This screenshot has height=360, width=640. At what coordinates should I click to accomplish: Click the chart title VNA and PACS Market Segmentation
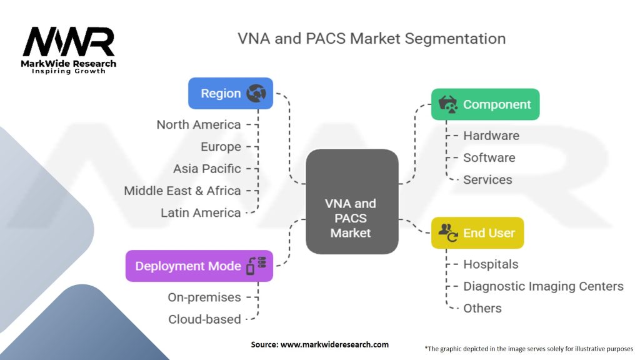(x=371, y=38)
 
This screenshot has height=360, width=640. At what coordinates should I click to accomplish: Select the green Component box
(x=485, y=104)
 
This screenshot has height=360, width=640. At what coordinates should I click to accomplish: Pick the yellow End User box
(x=477, y=233)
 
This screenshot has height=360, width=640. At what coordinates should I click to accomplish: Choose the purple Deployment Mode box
(x=199, y=266)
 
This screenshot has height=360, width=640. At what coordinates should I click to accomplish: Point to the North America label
(x=199, y=124)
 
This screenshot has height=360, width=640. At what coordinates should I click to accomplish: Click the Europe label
(x=221, y=147)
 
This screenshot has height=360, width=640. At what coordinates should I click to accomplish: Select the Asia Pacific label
(x=207, y=169)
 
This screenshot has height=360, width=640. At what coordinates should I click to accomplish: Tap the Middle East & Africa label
(x=182, y=191)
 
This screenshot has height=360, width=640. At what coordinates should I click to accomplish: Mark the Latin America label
(x=201, y=212)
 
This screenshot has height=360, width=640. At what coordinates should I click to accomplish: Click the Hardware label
(x=491, y=136)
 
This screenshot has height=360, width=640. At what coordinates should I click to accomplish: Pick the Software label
(x=489, y=157)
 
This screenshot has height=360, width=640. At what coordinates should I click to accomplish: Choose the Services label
(x=487, y=179)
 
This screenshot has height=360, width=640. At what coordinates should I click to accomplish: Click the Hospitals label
(x=491, y=264)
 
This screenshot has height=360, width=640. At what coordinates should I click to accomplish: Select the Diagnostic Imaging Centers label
(x=543, y=286)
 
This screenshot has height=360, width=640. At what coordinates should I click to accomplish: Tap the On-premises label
(x=204, y=297)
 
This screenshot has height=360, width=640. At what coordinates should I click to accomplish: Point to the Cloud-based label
(x=204, y=319)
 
